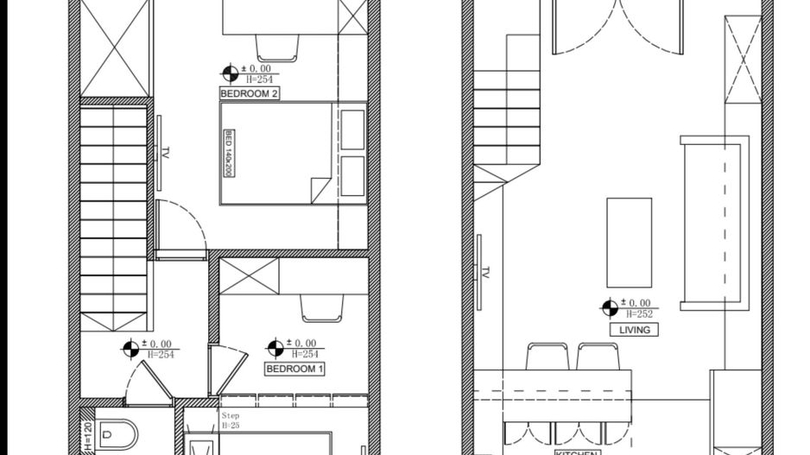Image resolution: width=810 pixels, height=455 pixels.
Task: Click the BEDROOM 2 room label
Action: [x=250, y=93]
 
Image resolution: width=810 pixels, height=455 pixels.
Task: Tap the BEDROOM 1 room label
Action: [x=294, y=369]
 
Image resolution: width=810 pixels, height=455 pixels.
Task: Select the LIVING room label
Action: [x=634, y=330]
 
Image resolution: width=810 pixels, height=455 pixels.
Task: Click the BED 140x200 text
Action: [x=229, y=153]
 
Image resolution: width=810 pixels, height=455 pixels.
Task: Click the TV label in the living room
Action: [x=485, y=273]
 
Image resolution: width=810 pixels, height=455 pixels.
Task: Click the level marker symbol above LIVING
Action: [x=610, y=307]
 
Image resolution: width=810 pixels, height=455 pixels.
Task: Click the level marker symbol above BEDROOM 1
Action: [x=275, y=348]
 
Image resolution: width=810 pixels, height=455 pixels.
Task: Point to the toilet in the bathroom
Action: [x=117, y=434]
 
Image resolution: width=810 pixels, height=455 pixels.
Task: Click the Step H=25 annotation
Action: [x=231, y=420]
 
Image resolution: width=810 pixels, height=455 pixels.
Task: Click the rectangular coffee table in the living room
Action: [x=629, y=242]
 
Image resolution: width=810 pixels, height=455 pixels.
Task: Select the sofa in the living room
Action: [x=712, y=222]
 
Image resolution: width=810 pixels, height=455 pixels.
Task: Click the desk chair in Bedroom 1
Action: [x=322, y=306]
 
